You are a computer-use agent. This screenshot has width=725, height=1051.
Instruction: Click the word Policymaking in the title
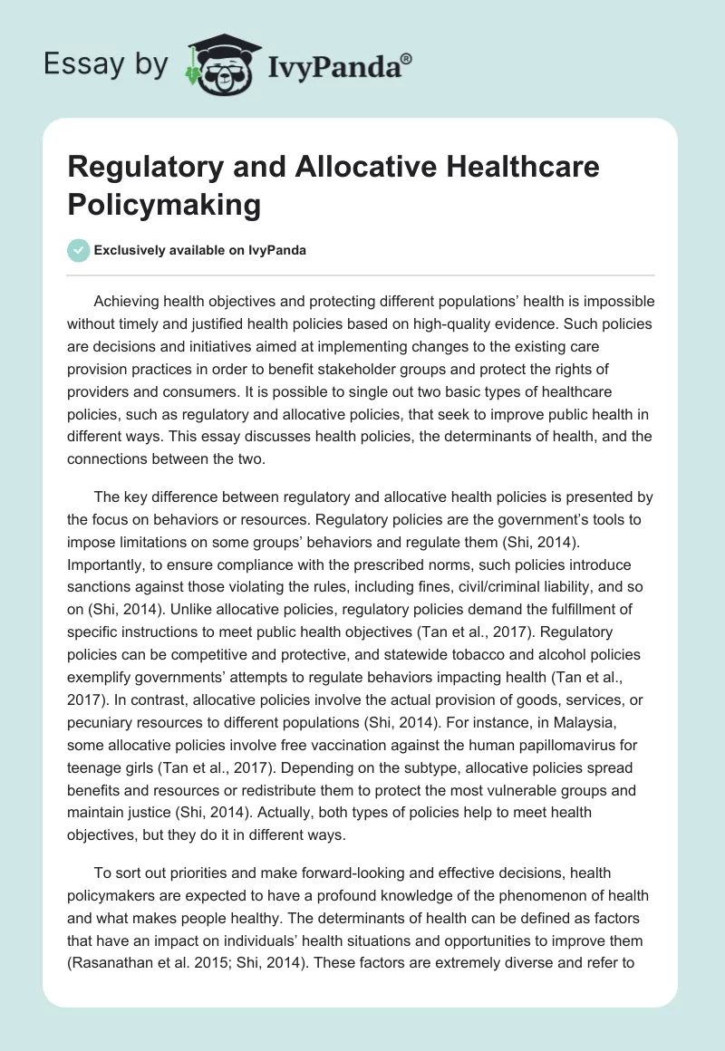tap(164, 204)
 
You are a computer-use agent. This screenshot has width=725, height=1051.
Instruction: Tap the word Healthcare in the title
tap(496, 169)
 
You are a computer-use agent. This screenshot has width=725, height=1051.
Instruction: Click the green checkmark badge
tap(78, 250)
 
